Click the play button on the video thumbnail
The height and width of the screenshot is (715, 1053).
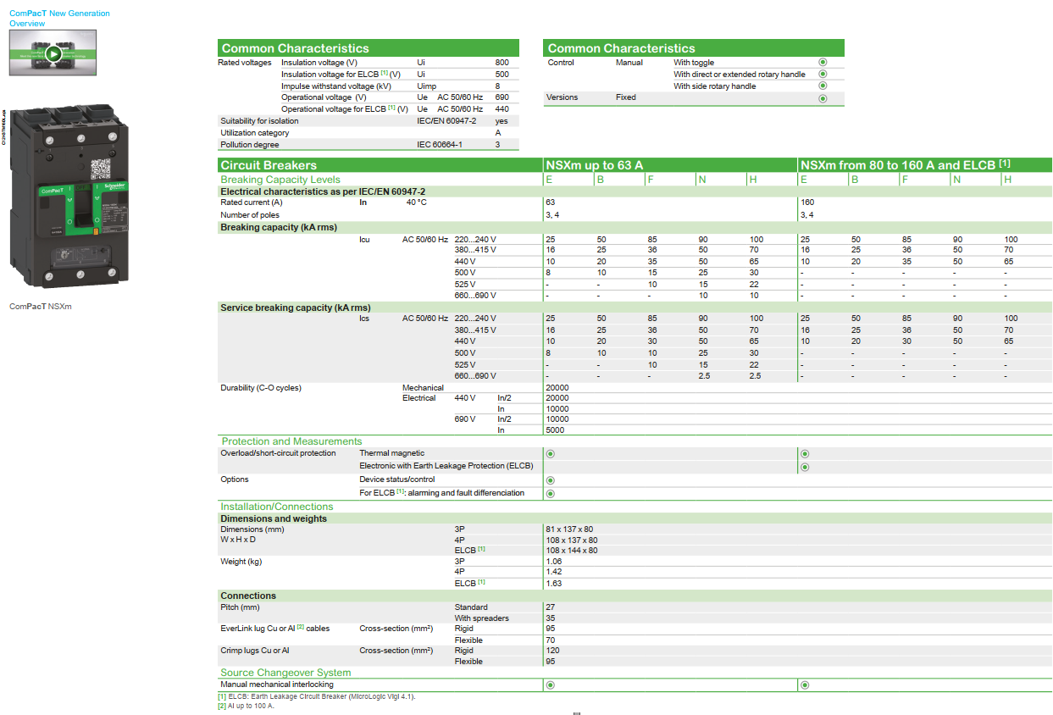(x=53, y=53)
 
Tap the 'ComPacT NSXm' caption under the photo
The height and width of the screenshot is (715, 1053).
(x=41, y=306)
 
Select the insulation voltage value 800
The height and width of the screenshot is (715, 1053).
(x=502, y=63)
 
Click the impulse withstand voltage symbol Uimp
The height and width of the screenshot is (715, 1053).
(x=427, y=86)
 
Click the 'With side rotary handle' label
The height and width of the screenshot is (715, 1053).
(x=714, y=86)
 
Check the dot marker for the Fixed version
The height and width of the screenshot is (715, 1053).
(x=822, y=98)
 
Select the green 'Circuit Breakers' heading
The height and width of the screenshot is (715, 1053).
(x=269, y=165)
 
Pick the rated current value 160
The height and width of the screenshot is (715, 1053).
(x=807, y=202)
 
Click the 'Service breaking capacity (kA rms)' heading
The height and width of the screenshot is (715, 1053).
(x=295, y=308)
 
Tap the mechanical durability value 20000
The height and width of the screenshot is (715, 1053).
(x=557, y=388)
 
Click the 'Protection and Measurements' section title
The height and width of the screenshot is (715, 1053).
(x=291, y=441)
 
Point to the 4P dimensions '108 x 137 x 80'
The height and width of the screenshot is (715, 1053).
(x=572, y=540)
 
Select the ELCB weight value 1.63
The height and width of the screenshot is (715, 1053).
(x=554, y=583)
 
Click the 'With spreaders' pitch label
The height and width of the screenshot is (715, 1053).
(x=482, y=618)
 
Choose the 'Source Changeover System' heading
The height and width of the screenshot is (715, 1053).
(x=285, y=673)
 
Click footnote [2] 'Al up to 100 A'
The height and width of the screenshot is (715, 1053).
(x=246, y=706)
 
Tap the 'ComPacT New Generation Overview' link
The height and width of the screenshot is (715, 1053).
(x=59, y=19)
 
